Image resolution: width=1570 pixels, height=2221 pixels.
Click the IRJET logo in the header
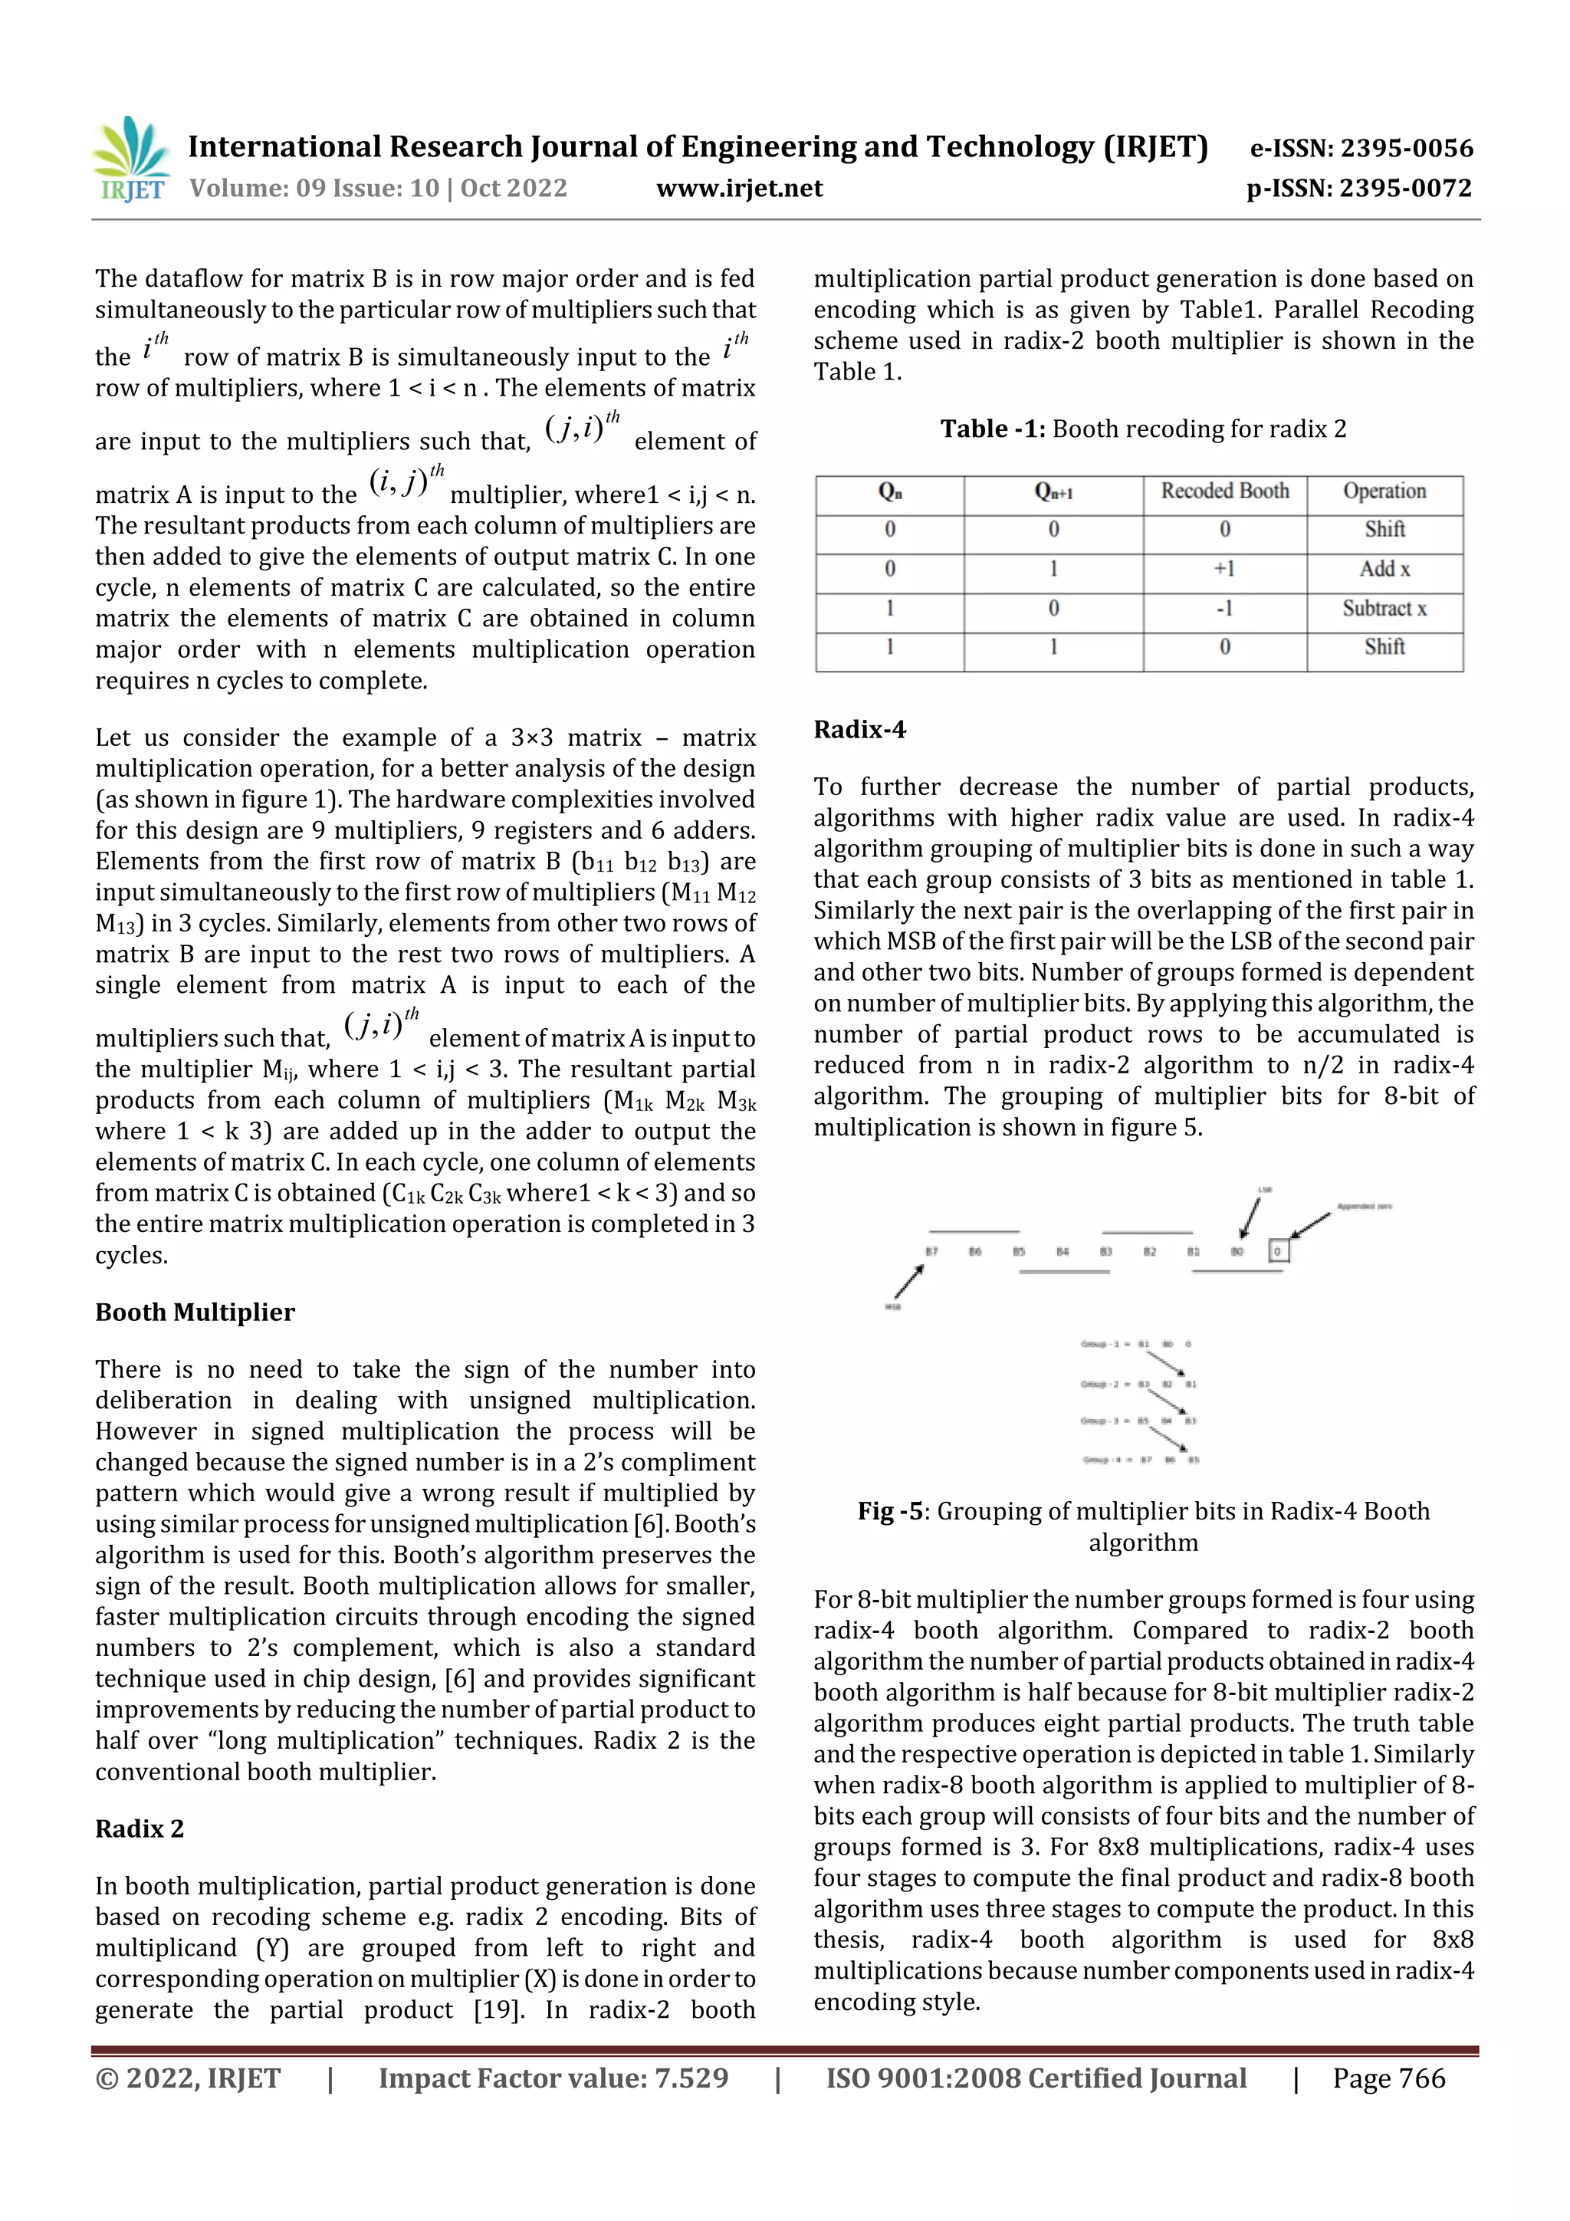click(x=132, y=158)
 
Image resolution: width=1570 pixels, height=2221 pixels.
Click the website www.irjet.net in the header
click(x=739, y=189)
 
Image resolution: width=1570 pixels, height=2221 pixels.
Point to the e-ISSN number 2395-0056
click(x=1405, y=148)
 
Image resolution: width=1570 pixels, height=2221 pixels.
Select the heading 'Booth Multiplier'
click(x=195, y=1313)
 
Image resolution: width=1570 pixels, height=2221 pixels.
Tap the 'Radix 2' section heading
click(x=140, y=1829)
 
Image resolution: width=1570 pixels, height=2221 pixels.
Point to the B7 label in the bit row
click(x=931, y=1252)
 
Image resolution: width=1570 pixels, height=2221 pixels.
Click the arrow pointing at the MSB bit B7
click(x=908, y=1283)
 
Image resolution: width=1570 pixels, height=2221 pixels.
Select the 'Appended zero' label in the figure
click(x=1363, y=1206)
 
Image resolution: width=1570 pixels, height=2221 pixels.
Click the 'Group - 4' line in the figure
click(x=1139, y=1460)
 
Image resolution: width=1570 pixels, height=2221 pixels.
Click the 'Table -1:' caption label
click(x=993, y=429)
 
